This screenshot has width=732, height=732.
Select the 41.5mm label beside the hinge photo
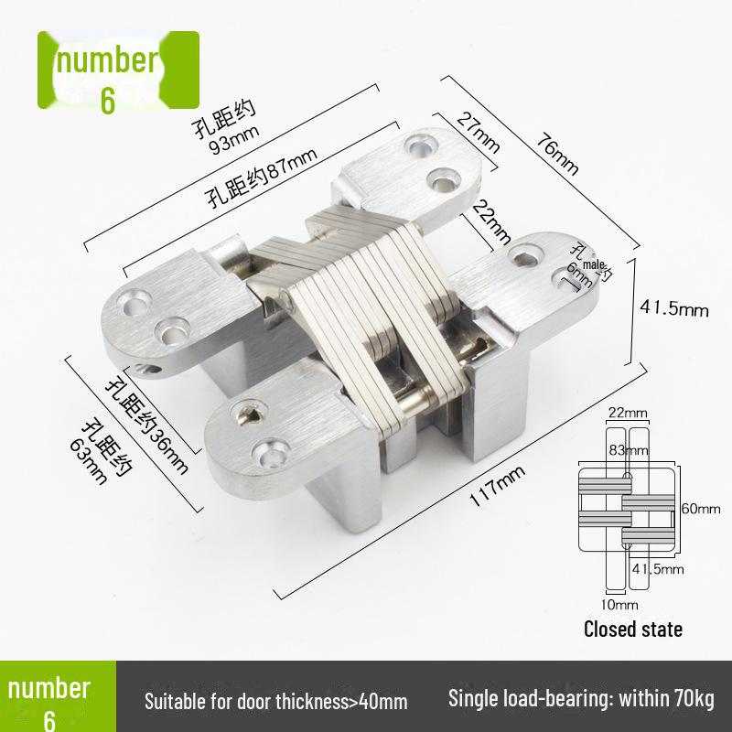pos(675,308)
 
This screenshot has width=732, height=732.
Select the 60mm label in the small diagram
pos(703,508)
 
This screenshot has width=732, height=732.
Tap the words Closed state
pos(633,630)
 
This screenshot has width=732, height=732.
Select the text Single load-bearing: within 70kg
pos(580,700)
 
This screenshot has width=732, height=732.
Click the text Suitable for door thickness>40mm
pos(275,702)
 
